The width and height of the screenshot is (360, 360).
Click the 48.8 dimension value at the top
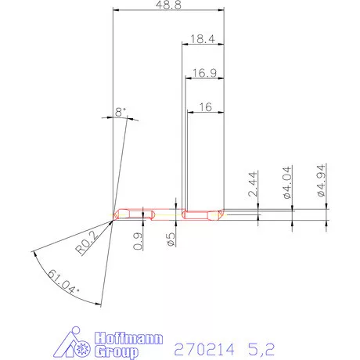[x=168, y=5]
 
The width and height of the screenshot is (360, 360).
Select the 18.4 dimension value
[x=203, y=39]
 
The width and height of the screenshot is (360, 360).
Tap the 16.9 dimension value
[x=204, y=73]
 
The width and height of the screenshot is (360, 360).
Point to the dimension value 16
[x=206, y=107]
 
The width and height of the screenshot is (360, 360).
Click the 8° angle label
[x=121, y=112]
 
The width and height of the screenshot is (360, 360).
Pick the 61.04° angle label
[x=63, y=282]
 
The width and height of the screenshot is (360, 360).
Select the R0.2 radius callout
[x=87, y=243]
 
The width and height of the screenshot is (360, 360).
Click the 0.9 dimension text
[x=138, y=241]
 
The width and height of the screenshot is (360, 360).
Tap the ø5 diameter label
[x=171, y=239]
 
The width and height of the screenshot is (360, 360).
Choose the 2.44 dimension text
[x=253, y=184]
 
